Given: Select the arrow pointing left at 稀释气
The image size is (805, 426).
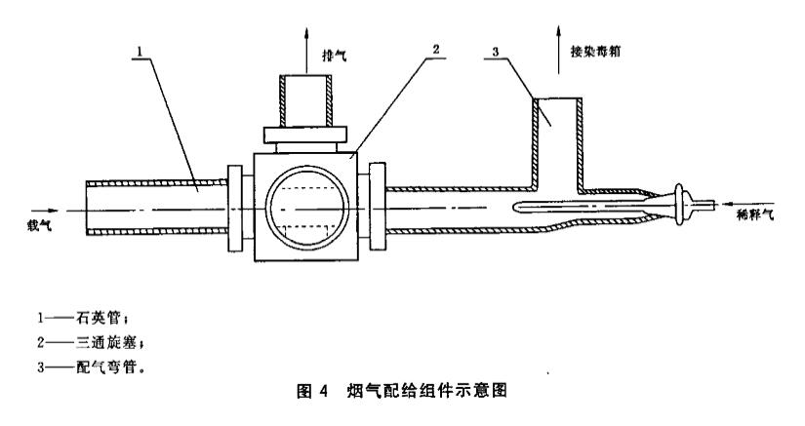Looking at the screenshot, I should (x=731, y=204).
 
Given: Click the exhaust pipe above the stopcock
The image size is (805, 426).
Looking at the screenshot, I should (x=303, y=100).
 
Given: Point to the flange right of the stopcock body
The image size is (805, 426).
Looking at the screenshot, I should (x=374, y=207).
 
